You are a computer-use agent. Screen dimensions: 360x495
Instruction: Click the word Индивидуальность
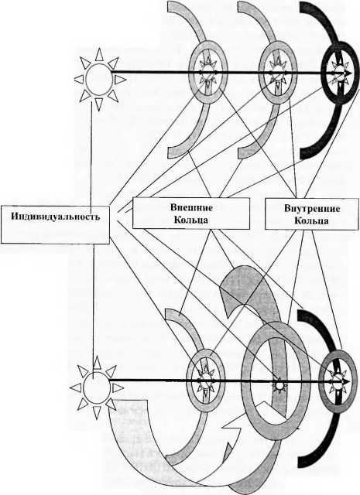point(56,217)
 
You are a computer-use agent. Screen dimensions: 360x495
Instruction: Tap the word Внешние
point(191,207)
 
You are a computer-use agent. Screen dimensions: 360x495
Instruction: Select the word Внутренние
point(312,208)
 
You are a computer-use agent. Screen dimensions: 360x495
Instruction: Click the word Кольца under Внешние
point(191,220)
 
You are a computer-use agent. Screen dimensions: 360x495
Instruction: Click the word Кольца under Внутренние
point(312,220)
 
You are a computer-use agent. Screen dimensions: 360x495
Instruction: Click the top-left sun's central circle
point(99,79)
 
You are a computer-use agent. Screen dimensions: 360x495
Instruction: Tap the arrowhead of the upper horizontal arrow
point(347,73)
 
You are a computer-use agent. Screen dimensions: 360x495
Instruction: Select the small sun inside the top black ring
point(339,73)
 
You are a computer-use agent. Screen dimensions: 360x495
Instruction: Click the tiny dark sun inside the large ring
point(279,385)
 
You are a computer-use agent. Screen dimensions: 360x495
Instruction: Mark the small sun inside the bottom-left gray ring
point(205,381)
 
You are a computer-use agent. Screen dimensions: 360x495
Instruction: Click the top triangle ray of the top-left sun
point(99,54)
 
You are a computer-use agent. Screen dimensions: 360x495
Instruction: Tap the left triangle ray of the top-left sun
point(79,79)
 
